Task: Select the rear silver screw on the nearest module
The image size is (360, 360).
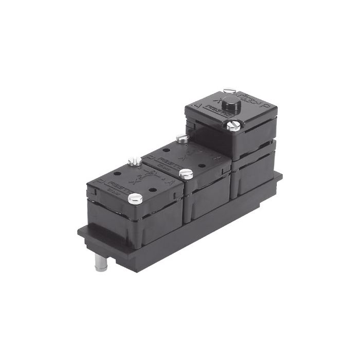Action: tap(135, 161)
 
